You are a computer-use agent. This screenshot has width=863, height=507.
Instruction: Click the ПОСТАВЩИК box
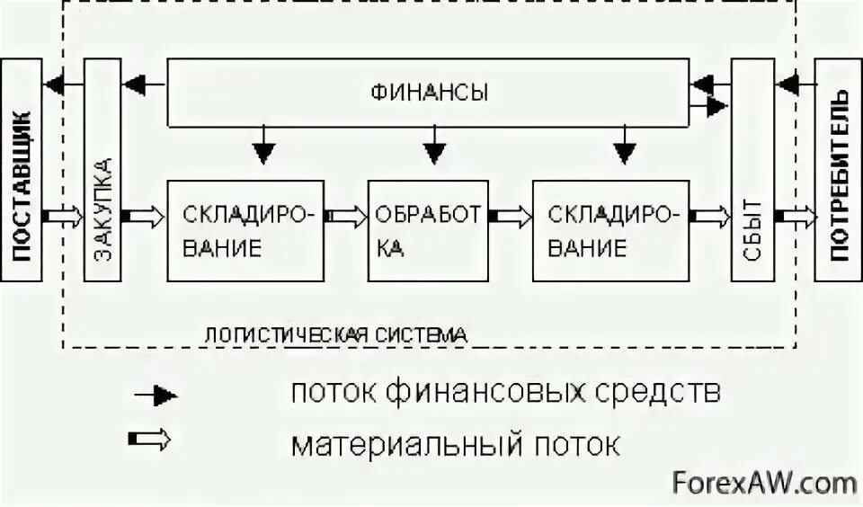22,171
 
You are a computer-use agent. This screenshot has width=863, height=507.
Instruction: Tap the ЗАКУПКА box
102,171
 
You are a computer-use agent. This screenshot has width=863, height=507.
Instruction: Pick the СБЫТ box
752,171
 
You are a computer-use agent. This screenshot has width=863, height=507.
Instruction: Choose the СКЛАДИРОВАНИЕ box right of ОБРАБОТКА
611,231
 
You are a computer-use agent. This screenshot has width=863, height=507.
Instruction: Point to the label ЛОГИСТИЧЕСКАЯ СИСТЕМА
336,334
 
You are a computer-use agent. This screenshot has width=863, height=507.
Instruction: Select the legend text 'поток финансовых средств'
504,393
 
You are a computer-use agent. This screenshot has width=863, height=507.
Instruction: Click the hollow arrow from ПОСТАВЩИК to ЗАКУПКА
63,217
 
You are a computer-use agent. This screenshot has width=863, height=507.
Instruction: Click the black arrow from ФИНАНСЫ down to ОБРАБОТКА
435,146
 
